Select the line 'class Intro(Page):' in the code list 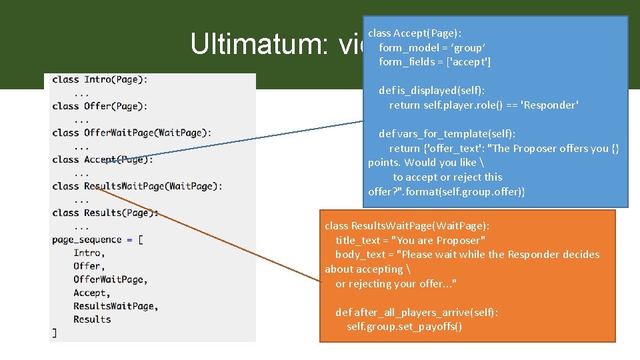pyautogui.click(x=100, y=79)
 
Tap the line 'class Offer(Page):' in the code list pyautogui.click(x=100, y=106)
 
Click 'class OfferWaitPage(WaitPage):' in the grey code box pyautogui.click(x=131, y=133)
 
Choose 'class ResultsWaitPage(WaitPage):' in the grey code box pyautogui.click(x=137, y=186)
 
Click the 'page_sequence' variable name pyautogui.click(x=87, y=239)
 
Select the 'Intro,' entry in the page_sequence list pyautogui.click(x=89, y=253)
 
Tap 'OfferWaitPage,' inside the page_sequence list pyautogui.click(x=111, y=279)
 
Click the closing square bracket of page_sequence pyautogui.click(x=55, y=333)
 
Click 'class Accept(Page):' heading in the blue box pyautogui.click(x=415, y=33)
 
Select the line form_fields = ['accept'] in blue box pyautogui.click(x=435, y=62)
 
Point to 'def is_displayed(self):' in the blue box pyautogui.click(x=432, y=91)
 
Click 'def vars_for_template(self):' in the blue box pyautogui.click(x=447, y=134)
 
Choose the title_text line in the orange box pyautogui.click(x=410, y=240)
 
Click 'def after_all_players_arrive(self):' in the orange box pyautogui.click(x=417, y=312)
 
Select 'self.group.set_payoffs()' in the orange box pyautogui.click(x=405, y=327)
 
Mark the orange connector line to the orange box pyautogui.click(x=207, y=233)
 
